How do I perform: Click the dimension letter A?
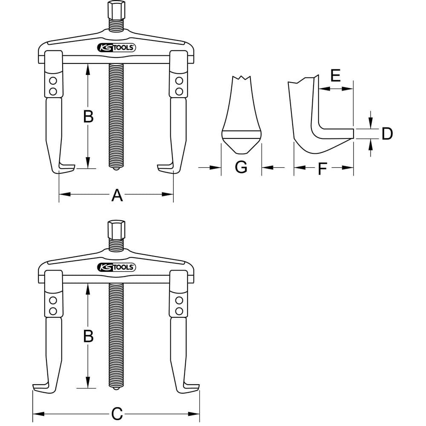pos(117,196)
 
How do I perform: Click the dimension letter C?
pos(117,414)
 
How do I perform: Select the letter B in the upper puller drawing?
pos(88,116)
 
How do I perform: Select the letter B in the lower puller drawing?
pos(88,336)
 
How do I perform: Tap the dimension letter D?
pos(387,134)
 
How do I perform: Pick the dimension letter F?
pos(322,168)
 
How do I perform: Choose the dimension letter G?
pos(241,167)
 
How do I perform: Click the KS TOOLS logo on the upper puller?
pos(116,48)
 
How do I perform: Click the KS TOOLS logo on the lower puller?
pos(116,268)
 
